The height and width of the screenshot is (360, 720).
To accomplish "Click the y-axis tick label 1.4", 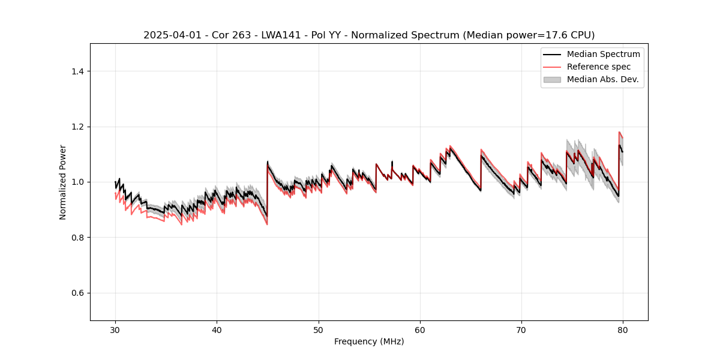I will (x=77, y=71).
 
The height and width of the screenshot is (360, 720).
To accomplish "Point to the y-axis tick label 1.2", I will (x=77, y=127).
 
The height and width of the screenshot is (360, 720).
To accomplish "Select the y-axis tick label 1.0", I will (x=77, y=182).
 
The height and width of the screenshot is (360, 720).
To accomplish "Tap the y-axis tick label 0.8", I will (x=77, y=238).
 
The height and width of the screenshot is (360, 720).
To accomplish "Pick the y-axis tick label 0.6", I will (x=77, y=293).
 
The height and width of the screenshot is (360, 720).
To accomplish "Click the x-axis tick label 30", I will (x=115, y=329).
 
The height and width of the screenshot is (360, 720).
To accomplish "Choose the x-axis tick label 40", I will (x=217, y=329).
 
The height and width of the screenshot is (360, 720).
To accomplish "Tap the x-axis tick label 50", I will (x=318, y=329).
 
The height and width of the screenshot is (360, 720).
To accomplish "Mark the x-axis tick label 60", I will (x=420, y=329).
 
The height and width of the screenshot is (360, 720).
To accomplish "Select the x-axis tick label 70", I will (x=521, y=329).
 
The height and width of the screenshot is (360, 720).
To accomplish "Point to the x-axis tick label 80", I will (x=623, y=329).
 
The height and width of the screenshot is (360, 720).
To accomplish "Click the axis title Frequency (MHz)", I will (x=369, y=341).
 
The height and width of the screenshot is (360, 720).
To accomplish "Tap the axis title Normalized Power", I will (x=63, y=182).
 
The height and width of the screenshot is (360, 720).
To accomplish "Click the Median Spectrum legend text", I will (x=603, y=54).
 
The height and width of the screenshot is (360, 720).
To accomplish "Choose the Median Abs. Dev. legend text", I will (x=602, y=79).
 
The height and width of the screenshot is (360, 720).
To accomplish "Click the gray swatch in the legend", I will (x=552, y=79).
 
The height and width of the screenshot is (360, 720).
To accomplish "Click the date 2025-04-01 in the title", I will (x=169, y=35).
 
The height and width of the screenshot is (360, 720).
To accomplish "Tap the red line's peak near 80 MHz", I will (x=619, y=132).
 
